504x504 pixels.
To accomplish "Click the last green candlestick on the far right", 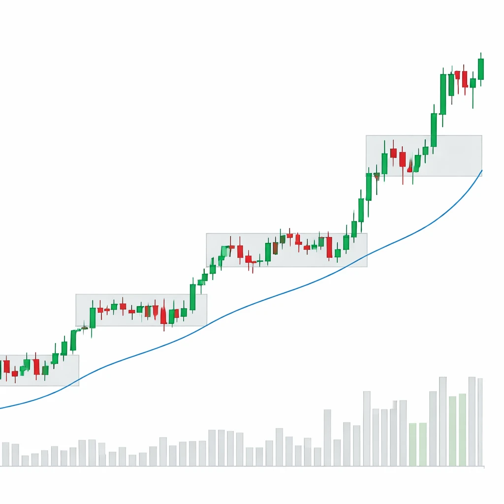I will pos(481,69).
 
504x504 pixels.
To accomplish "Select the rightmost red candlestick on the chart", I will pos(465,79).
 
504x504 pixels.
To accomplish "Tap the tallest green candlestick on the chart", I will pos(443,94).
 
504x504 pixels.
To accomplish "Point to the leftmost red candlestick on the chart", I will pos(6,366).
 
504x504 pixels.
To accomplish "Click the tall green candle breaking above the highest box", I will pos(434,130).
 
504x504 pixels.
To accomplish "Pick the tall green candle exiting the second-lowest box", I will pos(192,297).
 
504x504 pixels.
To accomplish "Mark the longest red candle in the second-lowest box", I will pos(163,315).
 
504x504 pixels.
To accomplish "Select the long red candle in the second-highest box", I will pos(329,247).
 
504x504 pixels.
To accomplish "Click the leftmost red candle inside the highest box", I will pos(393,153).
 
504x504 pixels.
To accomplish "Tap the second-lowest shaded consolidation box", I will pos(141,310).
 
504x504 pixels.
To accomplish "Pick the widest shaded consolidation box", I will pos(286,250).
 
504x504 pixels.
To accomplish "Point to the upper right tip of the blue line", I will pos(482,170).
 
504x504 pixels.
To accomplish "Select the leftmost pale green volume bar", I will pos(412,444).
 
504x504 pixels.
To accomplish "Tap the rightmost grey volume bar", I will pos(480,422).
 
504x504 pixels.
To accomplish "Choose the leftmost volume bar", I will pos(5,454).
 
